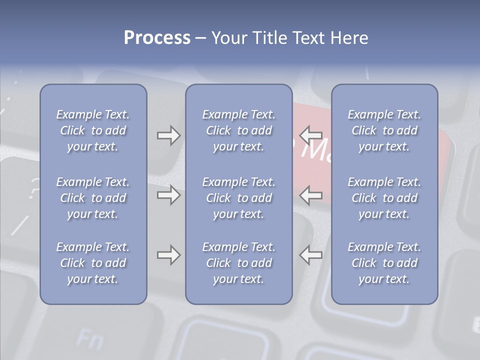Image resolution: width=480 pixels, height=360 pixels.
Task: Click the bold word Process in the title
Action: (157, 38)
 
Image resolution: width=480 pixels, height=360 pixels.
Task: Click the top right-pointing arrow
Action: (168, 135)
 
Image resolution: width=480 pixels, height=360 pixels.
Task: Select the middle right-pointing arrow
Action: (168, 194)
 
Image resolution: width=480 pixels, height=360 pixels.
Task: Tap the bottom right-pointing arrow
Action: (168, 255)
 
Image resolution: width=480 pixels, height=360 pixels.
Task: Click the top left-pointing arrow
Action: (311, 134)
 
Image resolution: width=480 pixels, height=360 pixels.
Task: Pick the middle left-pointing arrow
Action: (311, 194)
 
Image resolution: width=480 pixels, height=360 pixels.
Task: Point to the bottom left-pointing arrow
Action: (311, 255)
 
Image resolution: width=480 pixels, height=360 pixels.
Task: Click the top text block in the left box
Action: (93, 130)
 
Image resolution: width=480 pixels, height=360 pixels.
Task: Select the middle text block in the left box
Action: (93, 198)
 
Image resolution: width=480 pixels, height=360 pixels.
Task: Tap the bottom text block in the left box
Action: (93, 263)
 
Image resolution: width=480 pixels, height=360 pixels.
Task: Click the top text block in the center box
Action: (239, 130)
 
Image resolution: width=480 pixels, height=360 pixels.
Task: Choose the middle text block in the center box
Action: (239, 198)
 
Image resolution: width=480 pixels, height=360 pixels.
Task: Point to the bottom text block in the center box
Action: (239, 263)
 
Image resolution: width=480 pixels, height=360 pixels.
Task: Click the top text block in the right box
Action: (384, 130)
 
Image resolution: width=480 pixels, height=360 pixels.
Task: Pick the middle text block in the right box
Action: (384, 198)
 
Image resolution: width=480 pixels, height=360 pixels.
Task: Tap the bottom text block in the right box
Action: (384, 263)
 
